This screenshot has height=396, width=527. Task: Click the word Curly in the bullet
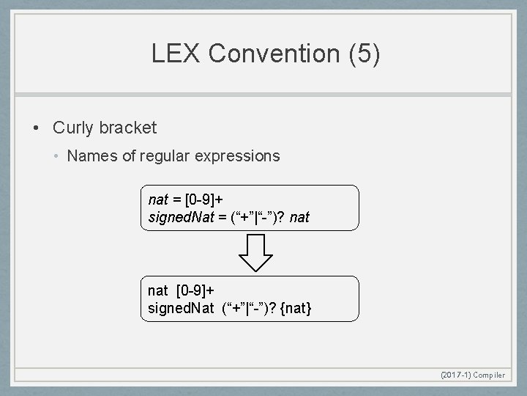pyautogui.click(x=73, y=128)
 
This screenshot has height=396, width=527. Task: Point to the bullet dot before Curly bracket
pyautogui.click(x=36, y=128)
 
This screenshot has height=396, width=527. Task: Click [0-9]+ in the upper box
pyautogui.click(x=204, y=199)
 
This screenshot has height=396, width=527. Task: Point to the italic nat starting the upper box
pyautogui.click(x=157, y=199)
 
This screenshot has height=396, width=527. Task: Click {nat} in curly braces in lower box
pyautogui.click(x=296, y=308)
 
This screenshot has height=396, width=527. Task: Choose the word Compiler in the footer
pyautogui.click(x=489, y=375)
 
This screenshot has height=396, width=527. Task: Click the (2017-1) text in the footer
pyautogui.click(x=455, y=375)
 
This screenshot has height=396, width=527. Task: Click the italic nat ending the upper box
pyautogui.click(x=299, y=217)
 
